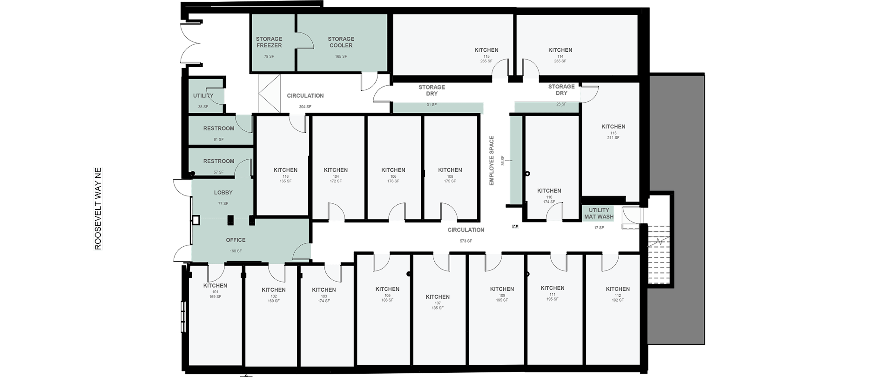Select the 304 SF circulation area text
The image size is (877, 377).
coord(305,106)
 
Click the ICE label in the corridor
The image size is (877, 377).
coord(515,227)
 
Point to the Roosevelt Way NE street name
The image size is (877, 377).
coord(98,209)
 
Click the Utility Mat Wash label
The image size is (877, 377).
coord(599,213)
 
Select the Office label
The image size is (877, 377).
coord(236,240)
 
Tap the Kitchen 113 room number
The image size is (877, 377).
coord(613,133)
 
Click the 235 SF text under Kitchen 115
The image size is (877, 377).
coord(486,61)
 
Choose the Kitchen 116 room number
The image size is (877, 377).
coord(285,177)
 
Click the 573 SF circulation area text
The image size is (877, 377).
coord(466,241)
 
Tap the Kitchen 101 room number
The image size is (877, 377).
coord(215,292)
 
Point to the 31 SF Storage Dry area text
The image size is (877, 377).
coord(432,105)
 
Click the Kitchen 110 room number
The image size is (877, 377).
coord(549,197)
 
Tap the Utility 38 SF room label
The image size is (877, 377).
coord(203,96)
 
